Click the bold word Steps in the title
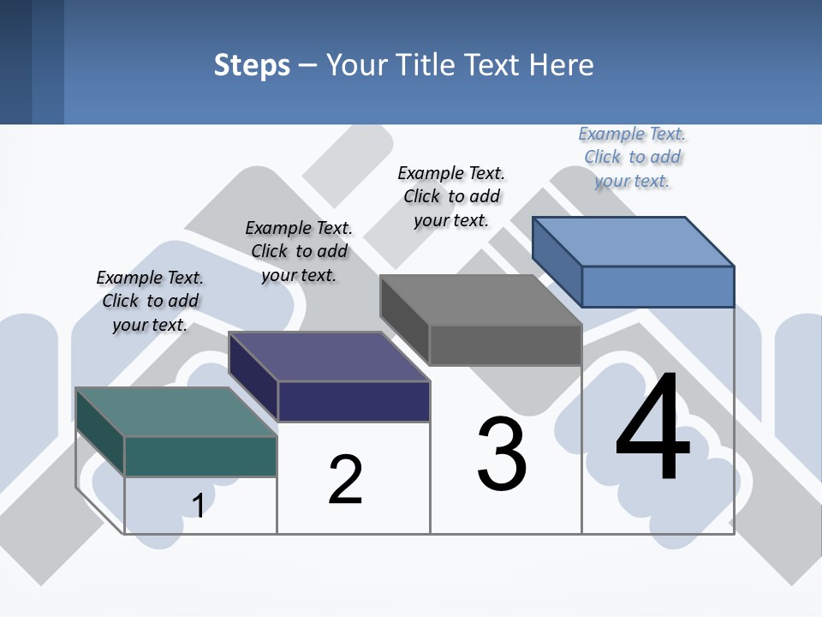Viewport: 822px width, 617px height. [x=252, y=65]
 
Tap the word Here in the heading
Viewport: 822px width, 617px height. [x=562, y=65]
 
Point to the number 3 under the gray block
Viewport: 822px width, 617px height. [x=502, y=454]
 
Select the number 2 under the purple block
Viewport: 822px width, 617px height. [x=346, y=480]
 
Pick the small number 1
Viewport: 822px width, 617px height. [x=198, y=506]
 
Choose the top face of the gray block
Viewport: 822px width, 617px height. [x=480, y=300]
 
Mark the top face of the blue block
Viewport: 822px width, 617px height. [x=633, y=242]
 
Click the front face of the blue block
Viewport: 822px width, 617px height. [x=658, y=286]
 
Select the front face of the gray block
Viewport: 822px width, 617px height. [x=505, y=344]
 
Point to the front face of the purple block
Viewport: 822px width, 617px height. [x=354, y=401]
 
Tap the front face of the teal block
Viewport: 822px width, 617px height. [x=200, y=456]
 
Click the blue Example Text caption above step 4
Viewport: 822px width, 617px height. [x=632, y=157]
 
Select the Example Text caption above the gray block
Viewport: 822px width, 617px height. [x=451, y=196]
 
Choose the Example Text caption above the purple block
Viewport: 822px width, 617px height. [x=299, y=251]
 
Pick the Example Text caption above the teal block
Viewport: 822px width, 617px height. [x=150, y=301]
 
